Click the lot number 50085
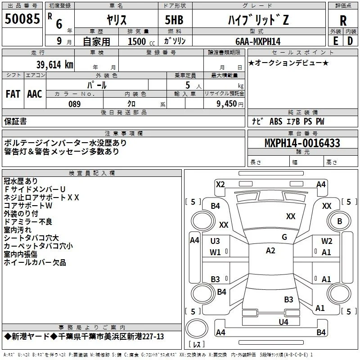coord(22,18)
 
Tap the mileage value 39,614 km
coord(54,65)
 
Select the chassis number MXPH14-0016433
coord(302,143)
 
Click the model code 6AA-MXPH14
coord(258,41)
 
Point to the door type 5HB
coord(174,20)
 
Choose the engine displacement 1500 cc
coord(141,41)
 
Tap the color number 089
coord(75,104)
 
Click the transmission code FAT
coord(13,94)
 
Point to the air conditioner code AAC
coord(35,94)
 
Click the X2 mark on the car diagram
coord(220,184)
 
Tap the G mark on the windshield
coord(284,237)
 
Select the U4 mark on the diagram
coord(283,322)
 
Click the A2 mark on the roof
coord(270,251)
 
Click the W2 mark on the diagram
coord(327,241)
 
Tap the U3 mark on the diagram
coord(215,241)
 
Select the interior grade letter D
coord(350,41)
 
